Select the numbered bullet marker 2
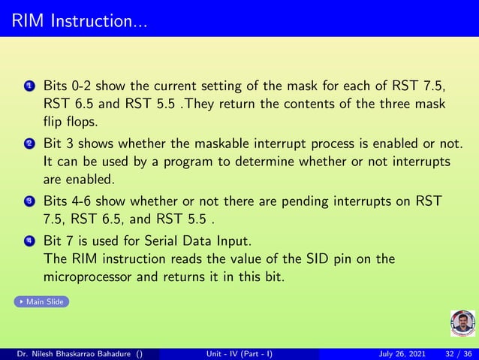pos(29,144)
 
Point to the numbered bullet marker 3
pos(29,202)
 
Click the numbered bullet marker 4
pos(29,241)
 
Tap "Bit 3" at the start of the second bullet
pos(62,144)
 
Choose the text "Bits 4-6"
pos(68,202)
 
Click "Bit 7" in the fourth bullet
pos(62,241)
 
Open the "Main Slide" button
pos(42,301)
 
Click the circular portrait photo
pos(462,324)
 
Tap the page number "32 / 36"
pos(459,354)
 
